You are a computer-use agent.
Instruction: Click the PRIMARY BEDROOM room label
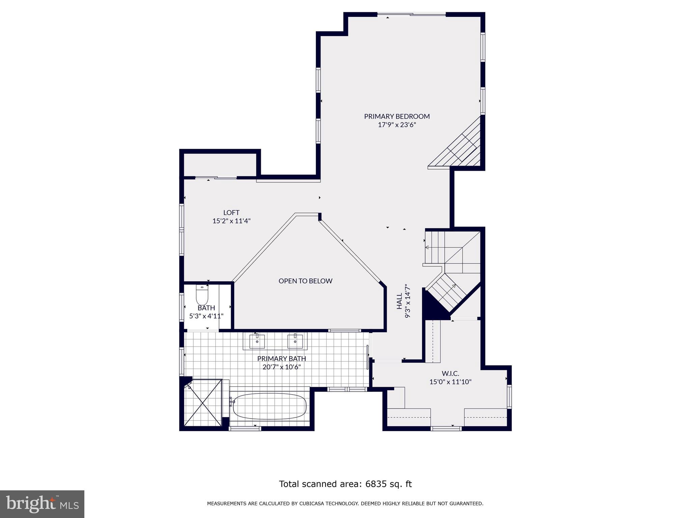[397, 116]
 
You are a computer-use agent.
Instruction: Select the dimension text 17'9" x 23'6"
[397, 125]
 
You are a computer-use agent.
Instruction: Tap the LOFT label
[231, 212]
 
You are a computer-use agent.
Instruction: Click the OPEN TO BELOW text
[305, 281]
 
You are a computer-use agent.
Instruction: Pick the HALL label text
[399, 301]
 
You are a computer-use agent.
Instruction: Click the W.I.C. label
[450, 373]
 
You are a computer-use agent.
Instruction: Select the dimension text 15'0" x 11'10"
[450, 382]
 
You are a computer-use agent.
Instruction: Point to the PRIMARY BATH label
[281, 358]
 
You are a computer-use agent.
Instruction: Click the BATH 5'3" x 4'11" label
[206, 312]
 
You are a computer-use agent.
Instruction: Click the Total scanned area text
[345, 484]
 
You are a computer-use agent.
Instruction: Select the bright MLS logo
[42, 504]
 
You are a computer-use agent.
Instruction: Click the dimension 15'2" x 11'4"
[231, 221]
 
